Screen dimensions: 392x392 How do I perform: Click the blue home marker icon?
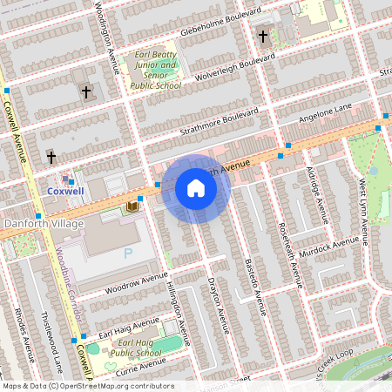click(x=196, y=188)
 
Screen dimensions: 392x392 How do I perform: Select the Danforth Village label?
click(x=44, y=224)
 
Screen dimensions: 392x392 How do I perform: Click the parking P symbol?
click(x=128, y=253)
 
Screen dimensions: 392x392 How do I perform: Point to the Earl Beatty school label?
click(x=154, y=71)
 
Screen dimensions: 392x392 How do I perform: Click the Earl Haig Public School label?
click(x=137, y=348)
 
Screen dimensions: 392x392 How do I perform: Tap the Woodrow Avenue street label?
click(x=135, y=281)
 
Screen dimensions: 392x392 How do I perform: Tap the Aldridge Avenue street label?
click(x=317, y=197)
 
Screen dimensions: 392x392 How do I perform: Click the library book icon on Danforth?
click(x=132, y=206)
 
